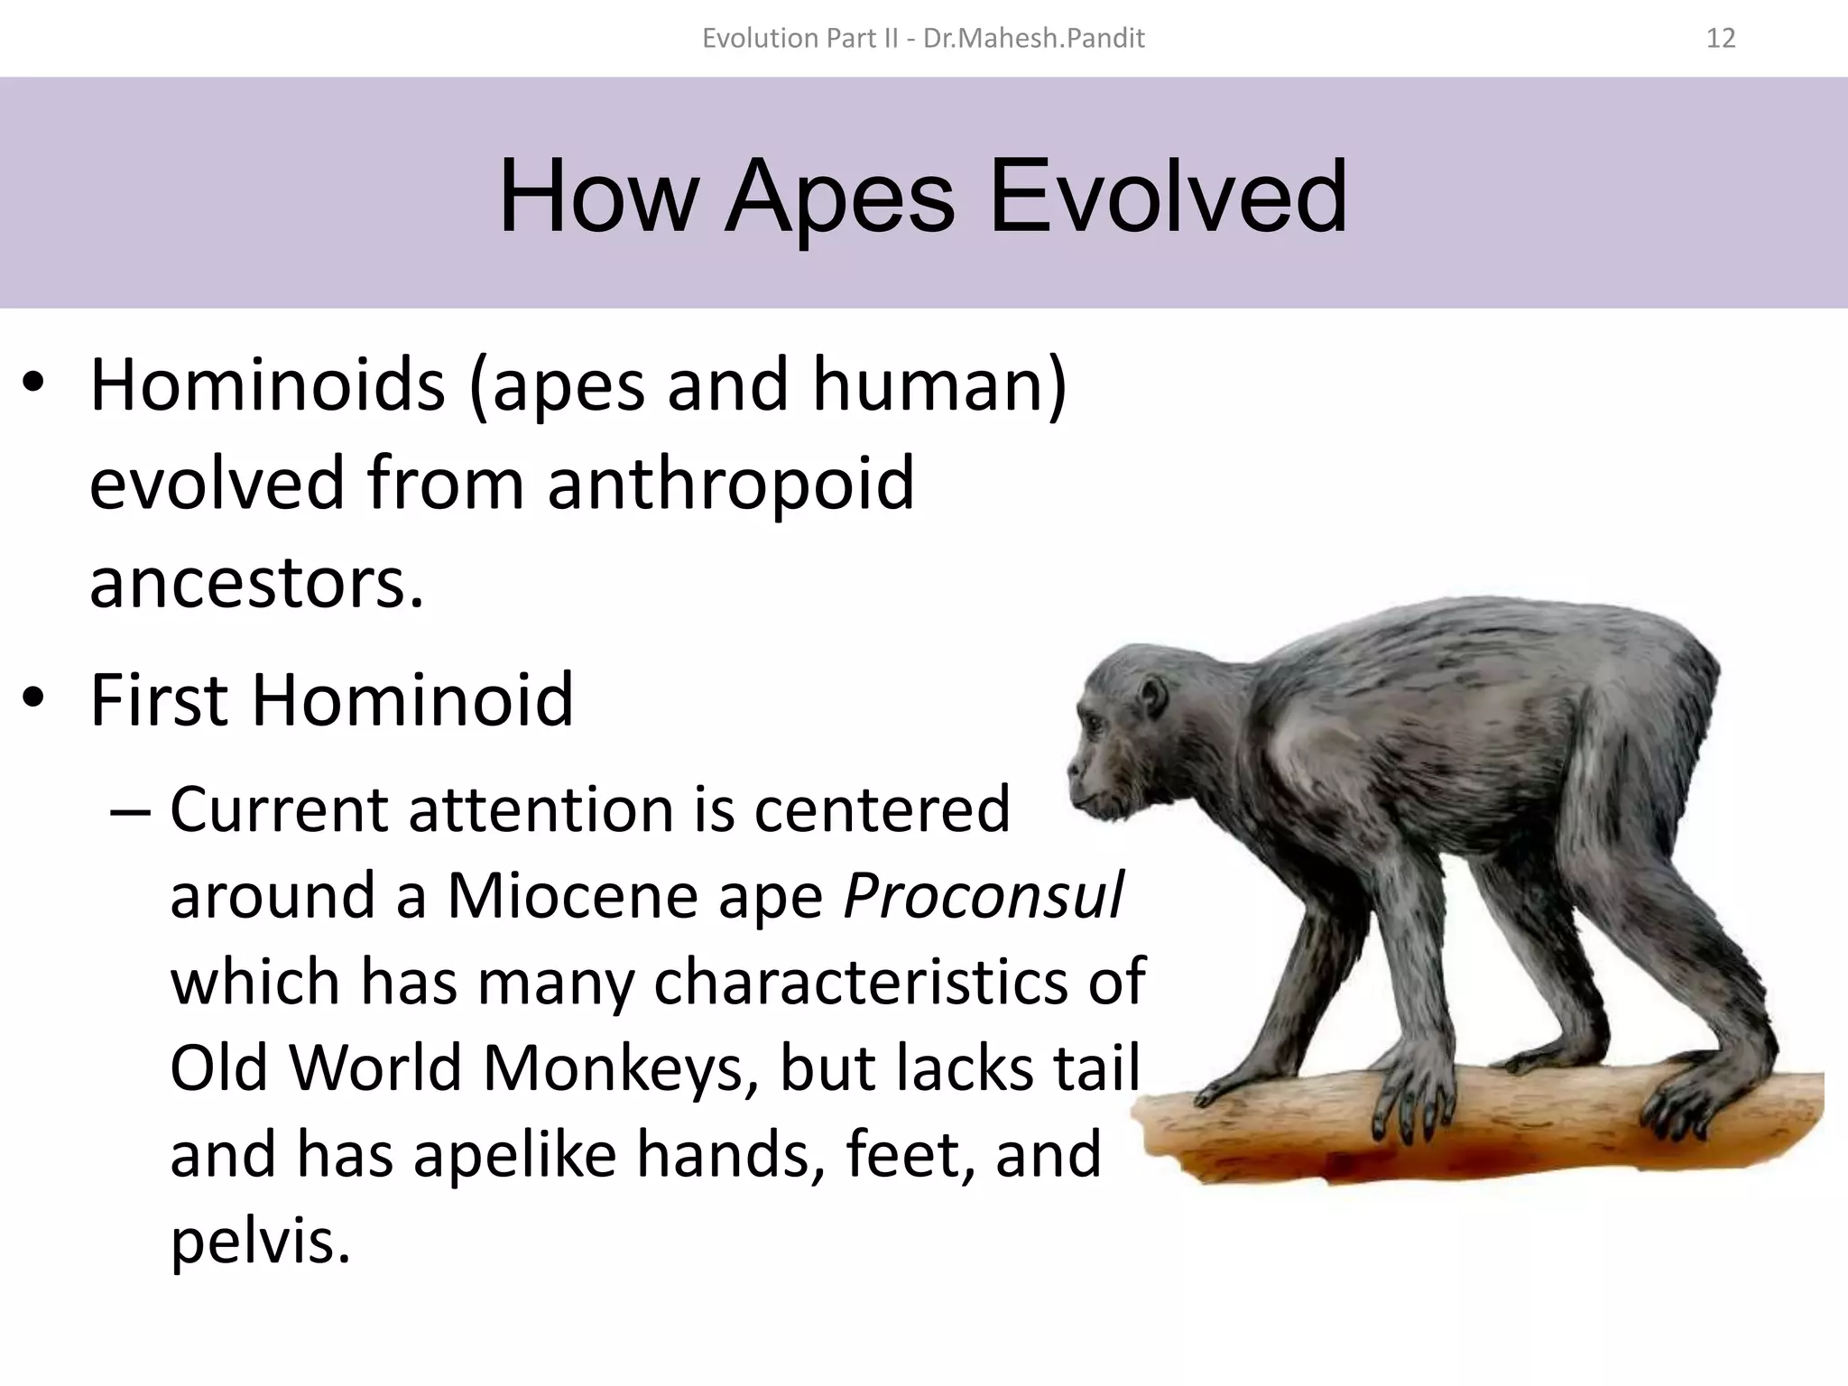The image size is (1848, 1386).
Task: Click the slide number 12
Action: [x=1721, y=38]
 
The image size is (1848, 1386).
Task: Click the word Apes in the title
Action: [x=839, y=197]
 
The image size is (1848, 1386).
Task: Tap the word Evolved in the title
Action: [x=1168, y=197]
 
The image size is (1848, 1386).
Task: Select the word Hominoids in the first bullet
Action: [x=267, y=385]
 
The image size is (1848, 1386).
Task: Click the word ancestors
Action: [x=256, y=582]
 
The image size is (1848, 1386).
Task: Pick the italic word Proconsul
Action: [x=984, y=896]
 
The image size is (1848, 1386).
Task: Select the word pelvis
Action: [x=260, y=1241]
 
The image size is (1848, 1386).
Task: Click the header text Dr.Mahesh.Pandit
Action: [x=1034, y=38]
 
